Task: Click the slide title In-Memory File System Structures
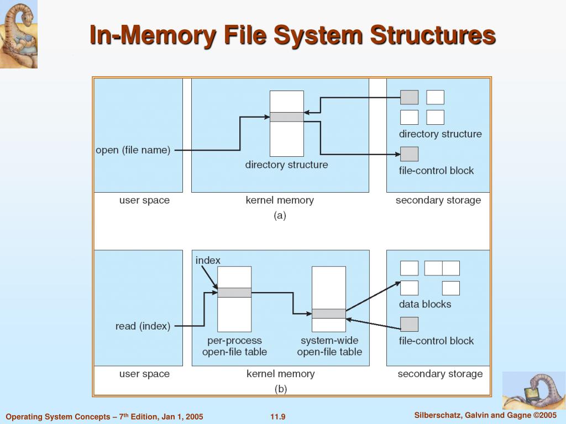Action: pyautogui.click(x=292, y=35)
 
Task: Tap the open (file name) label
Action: pyautogui.click(x=133, y=150)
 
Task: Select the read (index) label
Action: pyautogui.click(x=143, y=326)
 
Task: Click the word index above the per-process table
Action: pyautogui.click(x=208, y=261)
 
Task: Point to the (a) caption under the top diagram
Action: pyautogui.click(x=280, y=216)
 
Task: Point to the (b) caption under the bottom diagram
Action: pyautogui.click(x=281, y=389)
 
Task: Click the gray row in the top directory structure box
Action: pyautogui.click(x=287, y=117)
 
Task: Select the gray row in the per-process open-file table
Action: pyautogui.click(x=234, y=293)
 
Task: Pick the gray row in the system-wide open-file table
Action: pyautogui.click(x=329, y=314)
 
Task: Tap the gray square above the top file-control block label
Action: pyautogui.click(x=410, y=154)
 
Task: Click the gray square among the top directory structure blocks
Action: pyautogui.click(x=410, y=97)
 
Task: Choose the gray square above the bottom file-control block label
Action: pyautogui.click(x=410, y=324)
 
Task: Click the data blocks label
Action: pyautogui.click(x=425, y=304)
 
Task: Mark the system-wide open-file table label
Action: pyautogui.click(x=329, y=346)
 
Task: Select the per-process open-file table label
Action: pyautogui.click(x=234, y=346)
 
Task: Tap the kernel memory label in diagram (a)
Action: pyautogui.click(x=280, y=200)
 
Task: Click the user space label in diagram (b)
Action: pyautogui.click(x=144, y=374)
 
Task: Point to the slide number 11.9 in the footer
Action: pyautogui.click(x=278, y=417)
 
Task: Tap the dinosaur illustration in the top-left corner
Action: pyautogui.click(x=19, y=34)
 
